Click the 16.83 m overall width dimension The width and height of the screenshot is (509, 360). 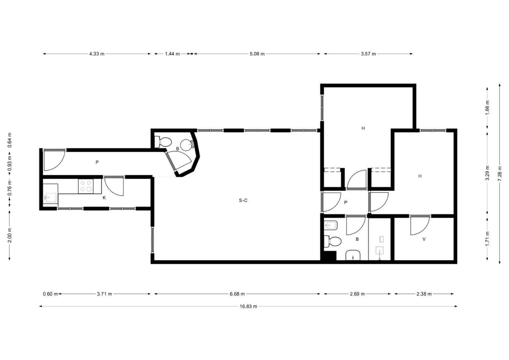click(x=248, y=306)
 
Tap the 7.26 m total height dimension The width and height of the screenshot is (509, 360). click(x=499, y=174)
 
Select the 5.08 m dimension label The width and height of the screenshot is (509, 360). click(x=257, y=54)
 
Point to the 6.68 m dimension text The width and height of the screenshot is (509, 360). click(x=237, y=294)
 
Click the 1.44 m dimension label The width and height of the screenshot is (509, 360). click(x=172, y=54)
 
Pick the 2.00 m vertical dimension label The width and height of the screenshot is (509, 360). click(x=10, y=235)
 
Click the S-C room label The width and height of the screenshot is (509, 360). click(x=243, y=200)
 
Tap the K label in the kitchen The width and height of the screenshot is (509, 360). click(x=104, y=198)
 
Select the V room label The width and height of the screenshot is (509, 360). click(x=424, y=239)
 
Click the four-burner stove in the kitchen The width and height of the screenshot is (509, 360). click(x=86, y=186)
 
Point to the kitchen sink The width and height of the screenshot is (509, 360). click(x=50, y=197)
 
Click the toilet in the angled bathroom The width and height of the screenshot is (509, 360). click(x=163, y=142)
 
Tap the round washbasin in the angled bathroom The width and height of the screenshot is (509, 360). click(x=187, y=145)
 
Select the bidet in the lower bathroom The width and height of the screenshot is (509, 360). click(x=331, y=225)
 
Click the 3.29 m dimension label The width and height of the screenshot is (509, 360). click(x=487, y=173)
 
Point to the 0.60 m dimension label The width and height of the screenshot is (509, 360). click(x=50, y=294)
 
